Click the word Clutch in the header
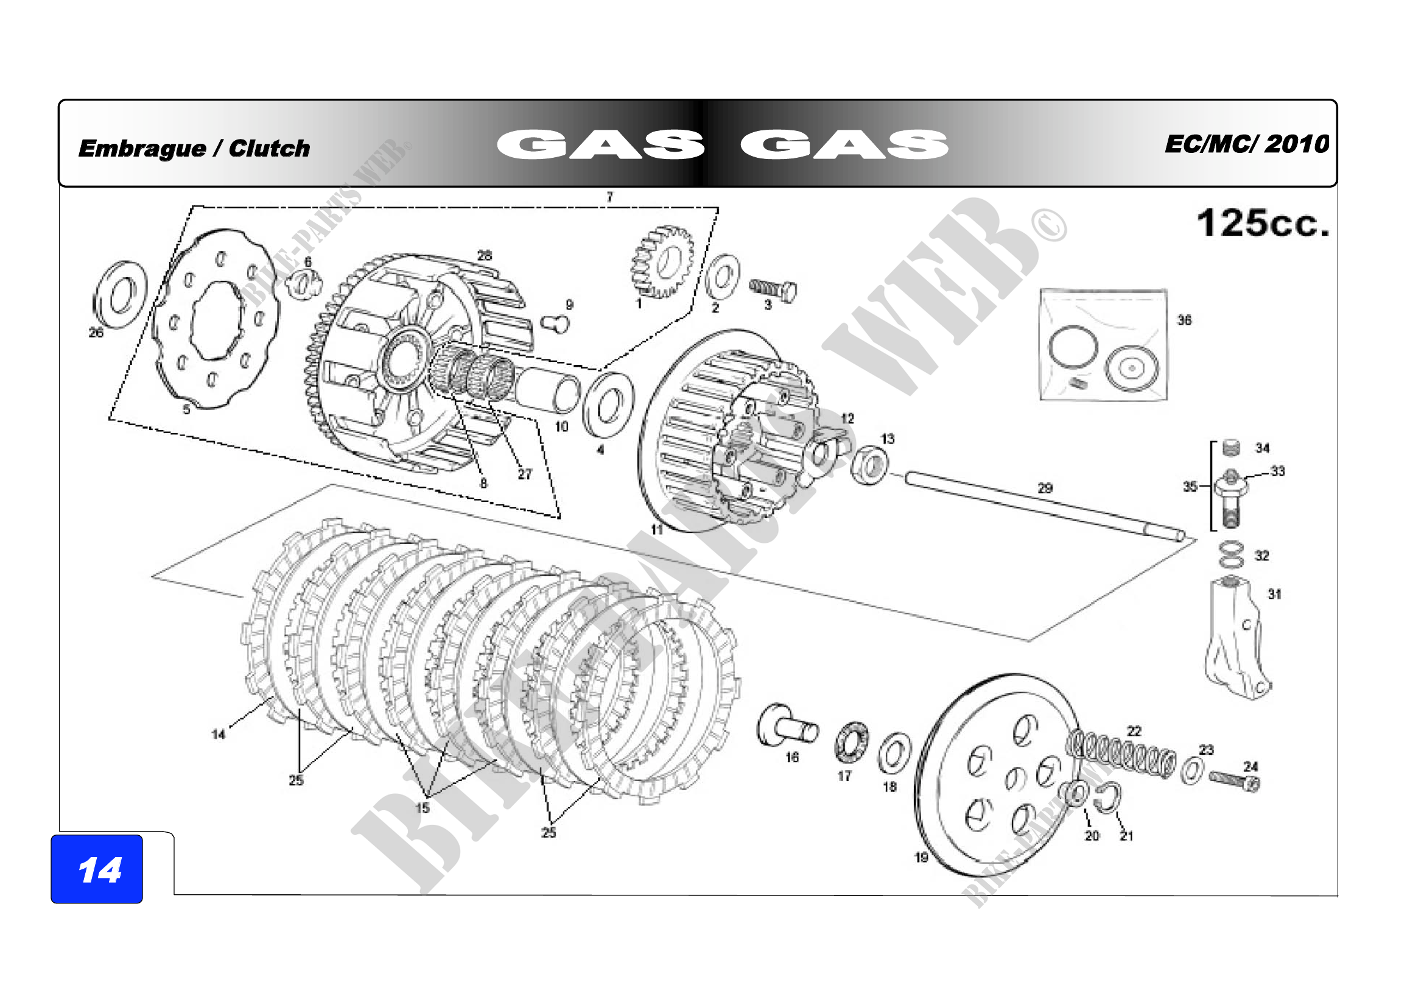(269, 149)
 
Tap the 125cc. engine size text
(1263, 224)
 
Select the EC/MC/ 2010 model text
(1247, 144)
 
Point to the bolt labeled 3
(773, 290)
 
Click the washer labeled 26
(121, 295)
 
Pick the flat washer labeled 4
(608, 405)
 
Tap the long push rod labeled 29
(1045, 507)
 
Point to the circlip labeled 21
(1107, 799)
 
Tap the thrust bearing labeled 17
(852, 743)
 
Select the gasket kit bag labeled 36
(1103, 345)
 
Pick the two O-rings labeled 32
(1231, 555)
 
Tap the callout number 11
(657, 529)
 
